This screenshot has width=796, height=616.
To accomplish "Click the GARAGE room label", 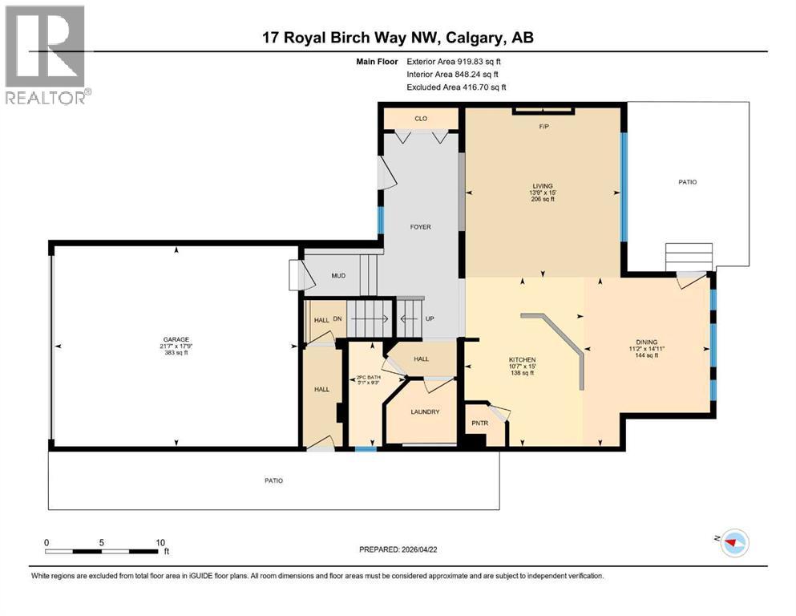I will [176, 338].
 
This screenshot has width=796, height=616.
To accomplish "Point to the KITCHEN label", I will [522, 359].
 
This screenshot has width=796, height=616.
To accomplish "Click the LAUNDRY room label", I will [425, 411].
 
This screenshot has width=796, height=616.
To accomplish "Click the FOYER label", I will [421, 227].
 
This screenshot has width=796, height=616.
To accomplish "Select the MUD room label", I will [338, 276].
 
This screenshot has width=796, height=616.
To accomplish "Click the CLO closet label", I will [421, 119].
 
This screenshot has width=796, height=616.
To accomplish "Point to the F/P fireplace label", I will [543, 126].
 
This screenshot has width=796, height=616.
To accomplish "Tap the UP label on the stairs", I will [430, 318].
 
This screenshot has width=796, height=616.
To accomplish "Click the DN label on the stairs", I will [337, 318].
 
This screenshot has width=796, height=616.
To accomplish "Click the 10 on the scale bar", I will [160, 542].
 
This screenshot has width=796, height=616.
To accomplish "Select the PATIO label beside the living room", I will [687, 182].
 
